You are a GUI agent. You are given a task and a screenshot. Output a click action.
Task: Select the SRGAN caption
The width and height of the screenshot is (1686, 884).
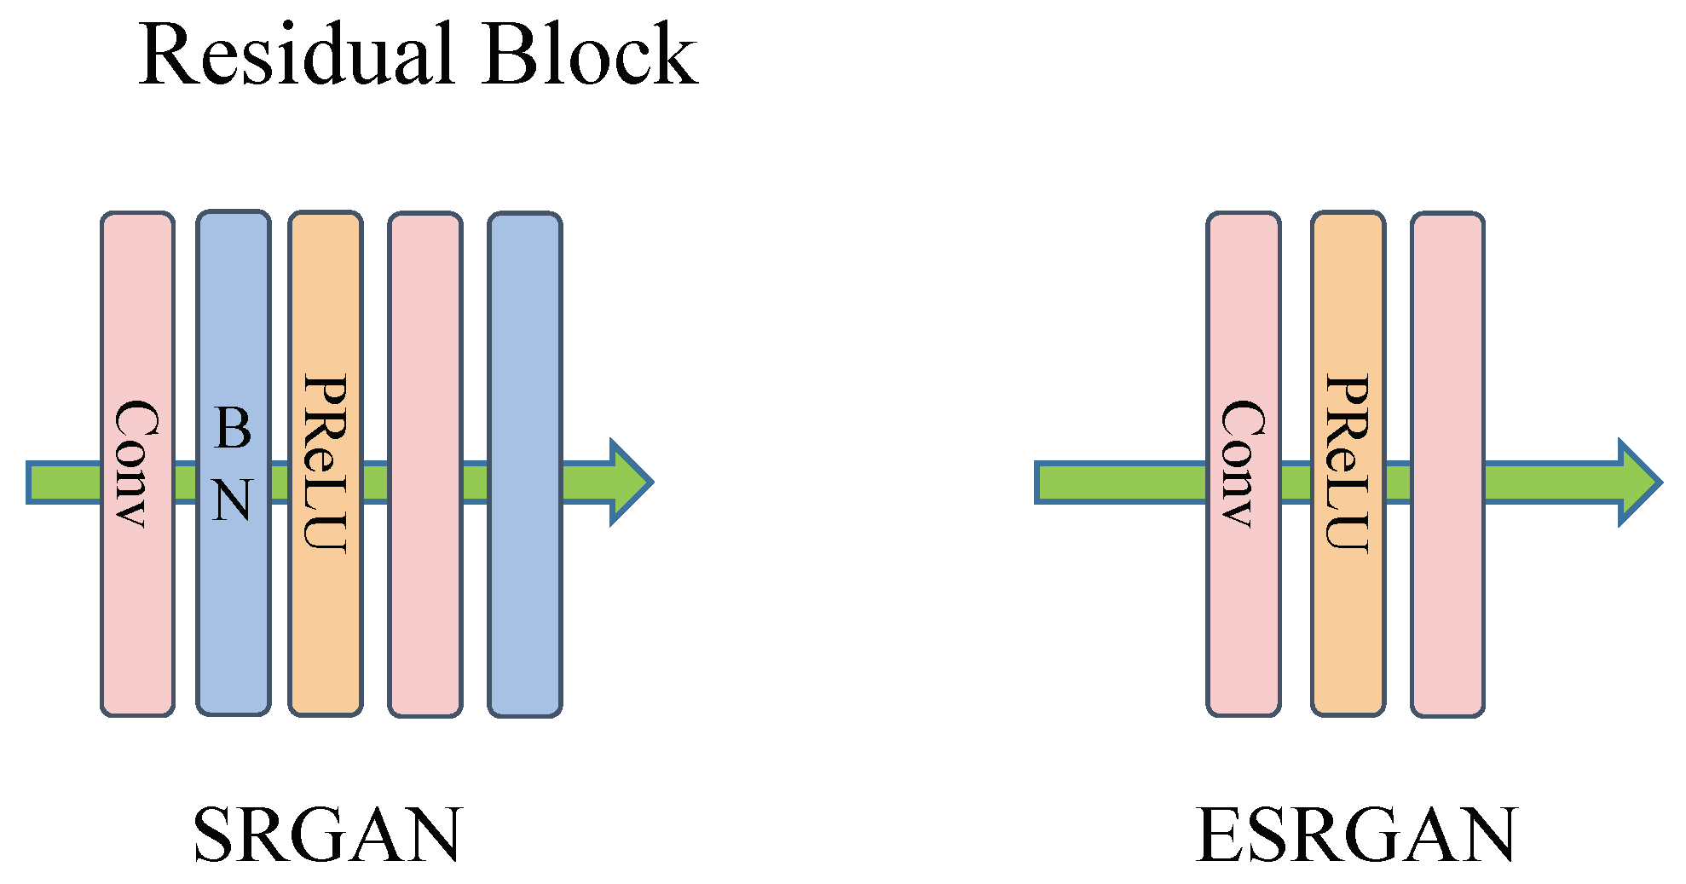327,835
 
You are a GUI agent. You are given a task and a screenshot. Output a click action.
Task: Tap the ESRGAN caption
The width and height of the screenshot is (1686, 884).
1356,835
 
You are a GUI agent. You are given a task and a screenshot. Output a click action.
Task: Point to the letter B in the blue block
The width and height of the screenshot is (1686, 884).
233,428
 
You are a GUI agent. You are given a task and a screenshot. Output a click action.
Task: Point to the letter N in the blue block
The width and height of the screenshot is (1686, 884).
233,500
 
